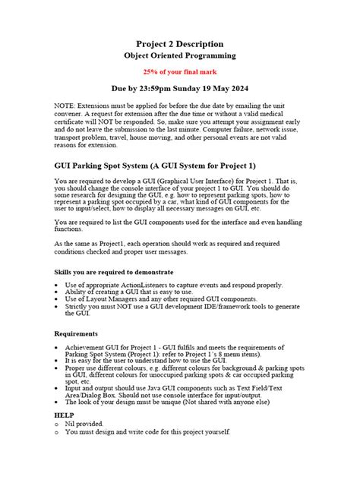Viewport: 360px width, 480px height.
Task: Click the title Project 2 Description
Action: tap(180, 43)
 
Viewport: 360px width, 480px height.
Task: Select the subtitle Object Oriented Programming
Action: tap(180, 56)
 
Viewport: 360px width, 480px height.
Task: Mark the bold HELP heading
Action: tap(65, 416)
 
